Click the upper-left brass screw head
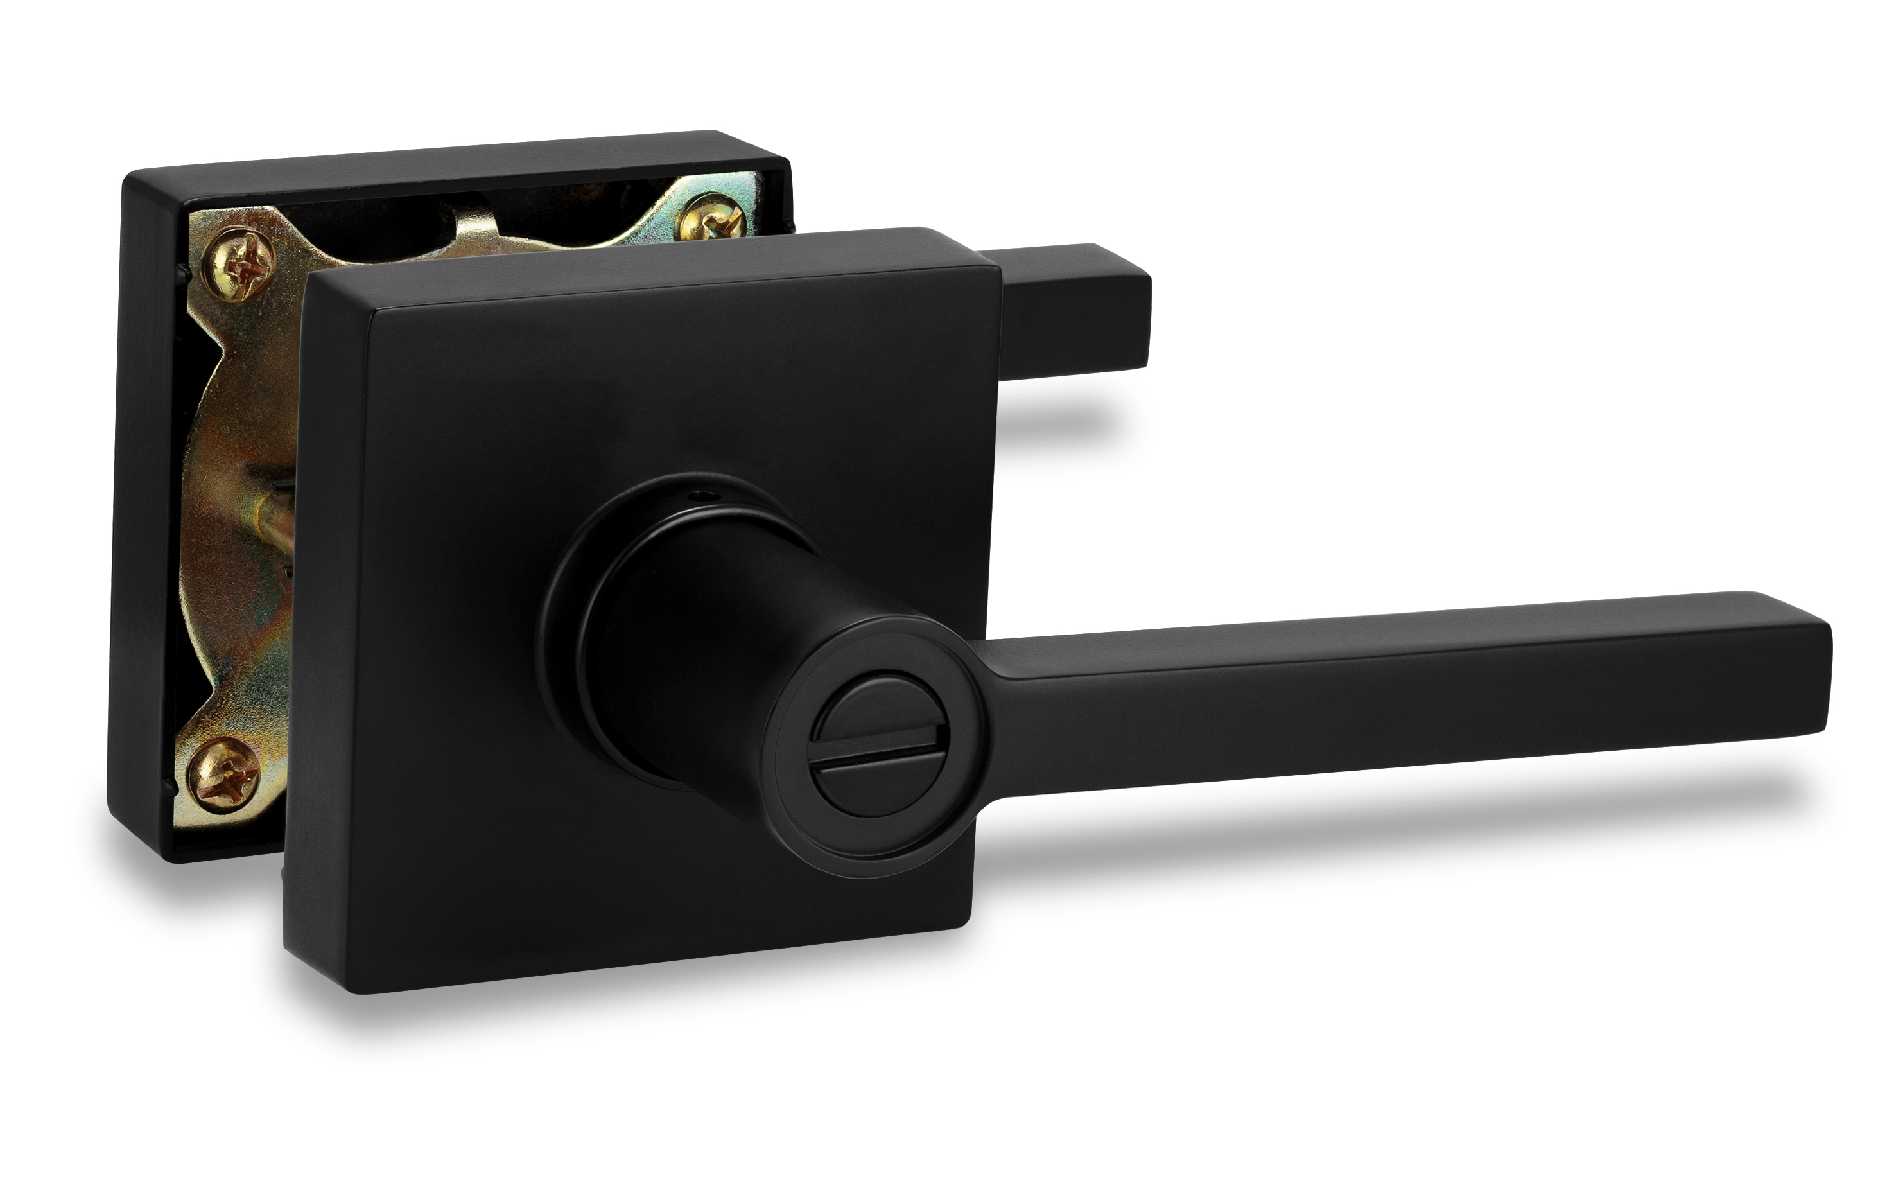click(x=239, y=265)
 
